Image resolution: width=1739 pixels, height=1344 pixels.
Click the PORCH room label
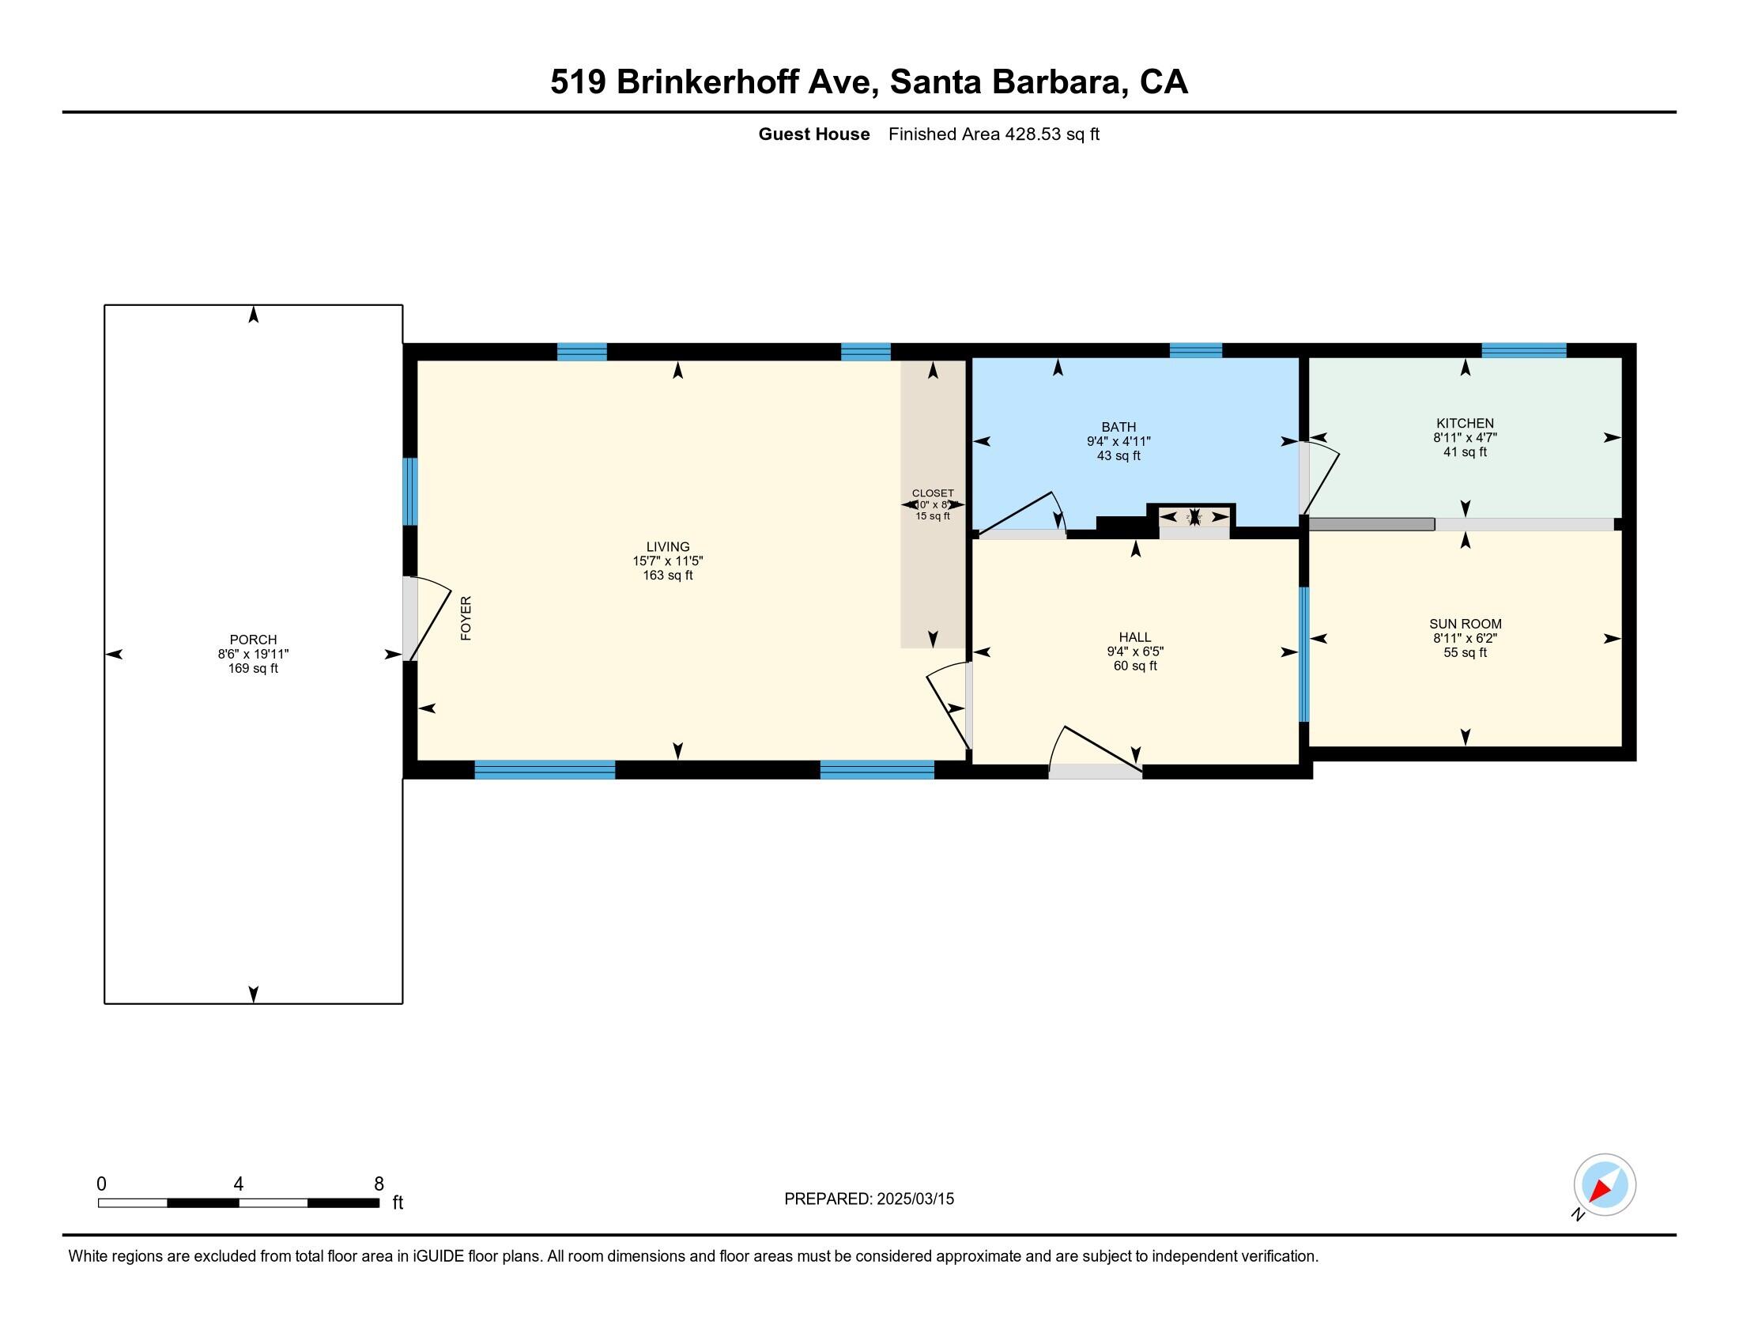click(x=253, y=640)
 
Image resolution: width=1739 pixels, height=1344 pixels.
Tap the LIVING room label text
click(x=667, y=546)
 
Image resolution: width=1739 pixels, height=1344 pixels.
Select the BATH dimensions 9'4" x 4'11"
click(x=1118, y=441)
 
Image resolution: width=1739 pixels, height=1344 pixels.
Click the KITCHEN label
click(x=1464, y=423)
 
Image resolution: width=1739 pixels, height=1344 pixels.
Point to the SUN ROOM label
click(x=1464, y=624)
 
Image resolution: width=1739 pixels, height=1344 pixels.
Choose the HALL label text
click(x=1134, y=637)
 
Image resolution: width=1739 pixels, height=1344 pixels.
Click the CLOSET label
click(x=933, y=493)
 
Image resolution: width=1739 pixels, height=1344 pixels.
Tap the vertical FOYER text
click(x=466, y=618)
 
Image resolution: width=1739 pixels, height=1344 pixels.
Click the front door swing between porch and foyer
click(x=428, y=619)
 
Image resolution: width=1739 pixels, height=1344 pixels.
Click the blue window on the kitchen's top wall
click(x=1523, y=350)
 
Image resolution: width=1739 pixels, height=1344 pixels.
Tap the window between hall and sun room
click(x=1303, y=654)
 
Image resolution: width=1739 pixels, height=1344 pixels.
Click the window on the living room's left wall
click(x=409, y=491)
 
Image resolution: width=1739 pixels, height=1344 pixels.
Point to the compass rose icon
click(x=1604, y=1185)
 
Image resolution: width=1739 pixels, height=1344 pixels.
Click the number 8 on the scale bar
click(x=379, y=1184)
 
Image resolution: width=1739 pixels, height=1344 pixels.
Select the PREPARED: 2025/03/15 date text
click(x=869, y=1199)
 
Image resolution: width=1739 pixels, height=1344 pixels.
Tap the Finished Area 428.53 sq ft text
click(x=993, y=134)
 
